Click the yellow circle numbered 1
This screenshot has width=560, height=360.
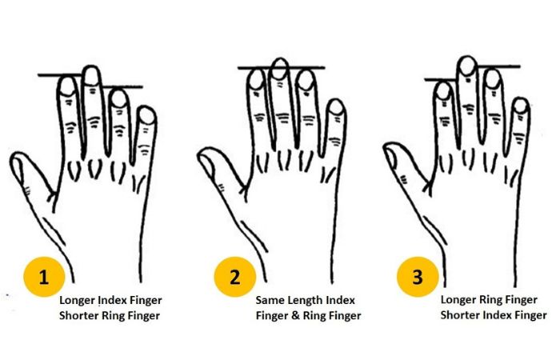[44, 277]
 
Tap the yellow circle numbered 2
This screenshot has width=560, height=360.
[234, 277]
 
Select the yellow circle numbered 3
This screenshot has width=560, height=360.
[418, 277]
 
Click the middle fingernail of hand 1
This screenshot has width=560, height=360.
[91, 76]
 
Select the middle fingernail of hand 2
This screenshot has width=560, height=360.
[280, 70]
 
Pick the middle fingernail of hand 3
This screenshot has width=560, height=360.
[467, 66]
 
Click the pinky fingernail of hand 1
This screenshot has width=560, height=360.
[146, 116]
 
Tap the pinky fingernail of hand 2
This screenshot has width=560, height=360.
[336, 107]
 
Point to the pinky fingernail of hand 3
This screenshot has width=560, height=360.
[521, 106]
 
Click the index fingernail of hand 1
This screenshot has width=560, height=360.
[67, 86]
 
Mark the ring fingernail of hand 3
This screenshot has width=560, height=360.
[493, 79]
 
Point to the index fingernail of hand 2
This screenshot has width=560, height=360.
[257, 80]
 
